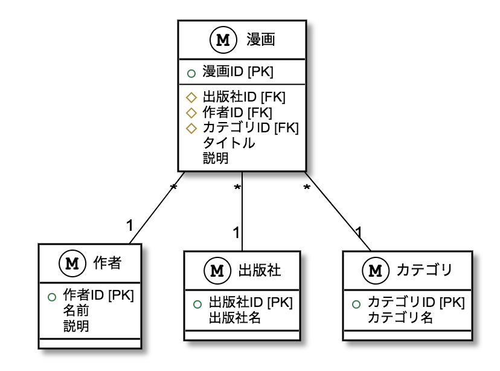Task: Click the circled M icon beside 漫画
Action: [x=222, y=40]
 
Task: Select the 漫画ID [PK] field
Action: [x=238, y=73]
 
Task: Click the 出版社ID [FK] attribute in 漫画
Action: [x=243, y=97]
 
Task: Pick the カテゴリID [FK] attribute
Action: [x=250, y=127]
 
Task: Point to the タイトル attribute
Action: [x=228, y=143]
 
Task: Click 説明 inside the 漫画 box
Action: [x=216, y=158]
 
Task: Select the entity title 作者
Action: [x=108, y=263]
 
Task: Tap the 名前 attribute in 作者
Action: [x=76, y=311]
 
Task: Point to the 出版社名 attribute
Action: [x=235, y=318]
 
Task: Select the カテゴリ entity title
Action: [x=425, y=269]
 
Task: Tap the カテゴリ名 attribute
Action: [x=400, y=318]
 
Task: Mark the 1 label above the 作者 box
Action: [x=130, y=225]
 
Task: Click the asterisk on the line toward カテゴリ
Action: [x=306, y=189]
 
